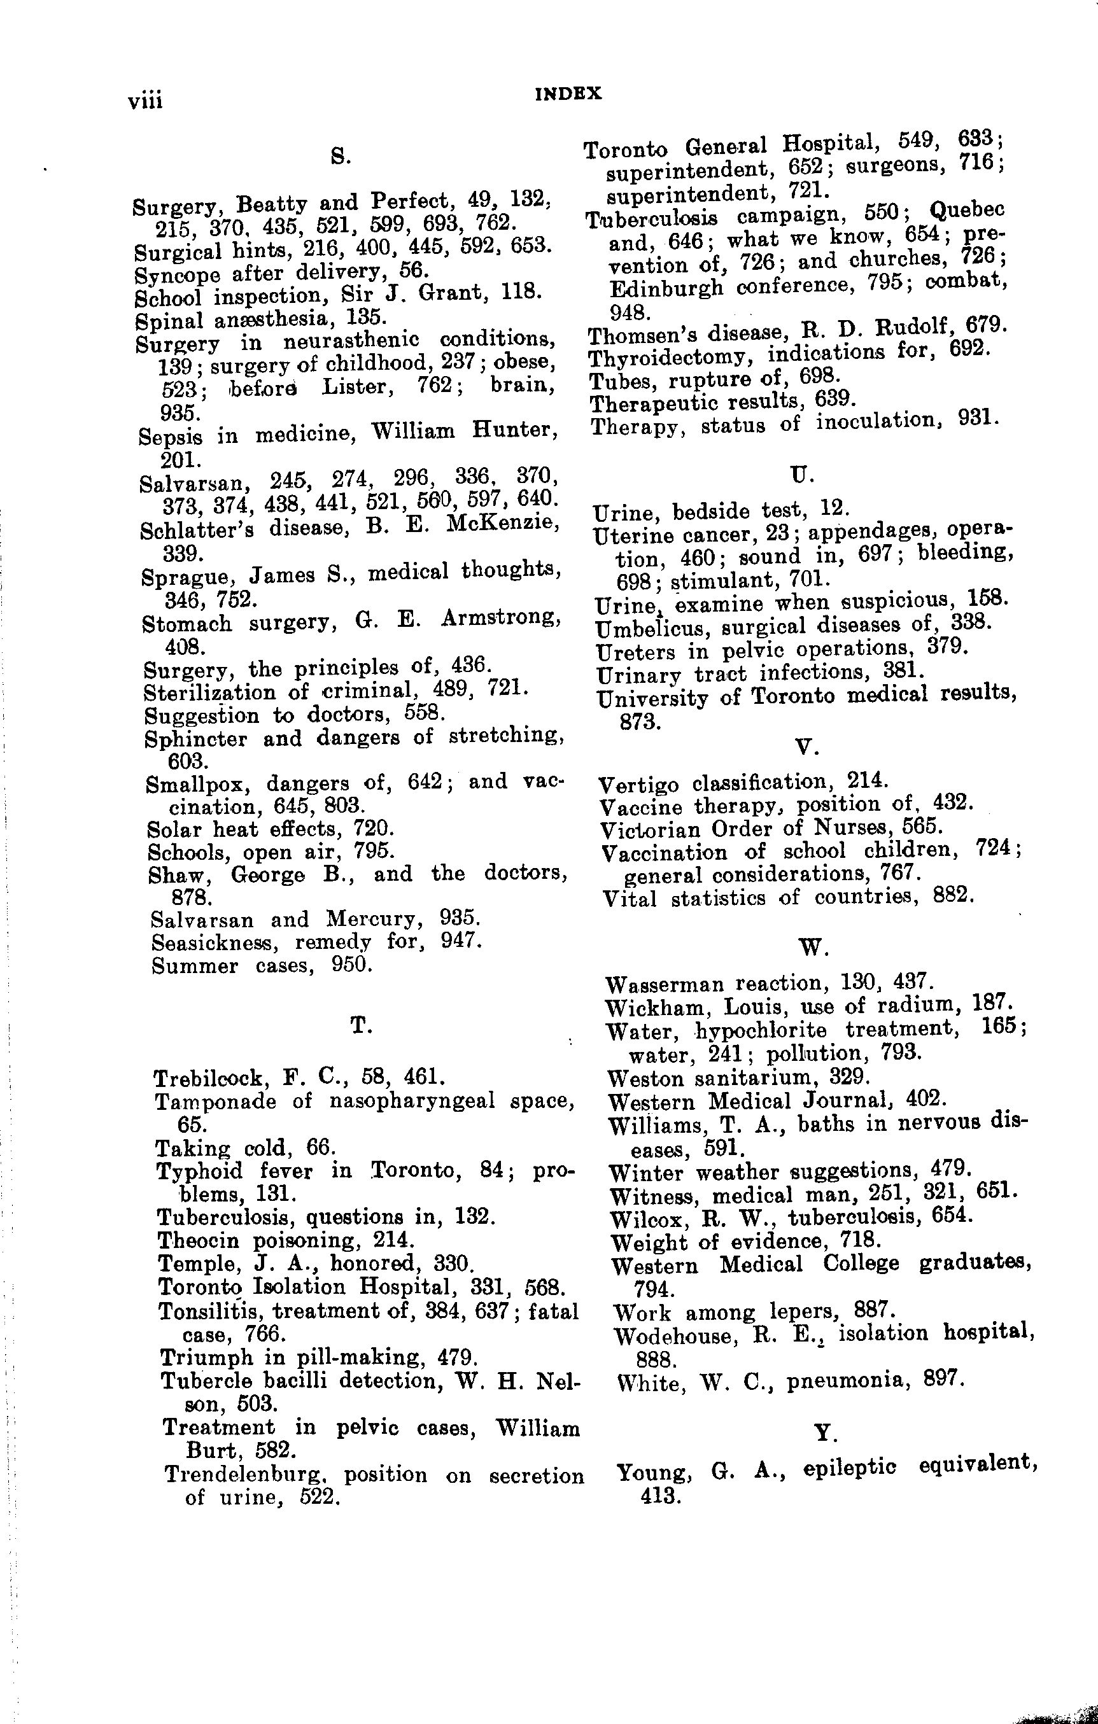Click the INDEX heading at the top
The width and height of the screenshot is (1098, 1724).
[x=568, y=94]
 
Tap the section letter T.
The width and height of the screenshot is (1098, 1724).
[x=360, y=1027]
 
